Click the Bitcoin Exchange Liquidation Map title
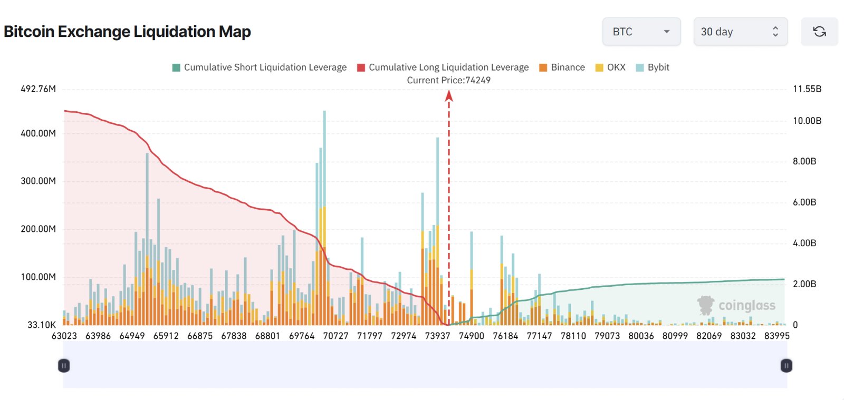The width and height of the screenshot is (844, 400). (x=127, y=32)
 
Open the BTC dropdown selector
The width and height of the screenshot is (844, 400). (x=641, y=32)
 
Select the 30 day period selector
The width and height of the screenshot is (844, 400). (x=740, y=32)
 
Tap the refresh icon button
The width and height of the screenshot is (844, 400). (x=819, y=32)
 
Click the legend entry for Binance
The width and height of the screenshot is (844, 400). (x=562, y=67)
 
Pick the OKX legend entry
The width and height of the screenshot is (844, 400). (x=610, y=67)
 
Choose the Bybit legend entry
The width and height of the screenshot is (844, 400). (x=653, y=67)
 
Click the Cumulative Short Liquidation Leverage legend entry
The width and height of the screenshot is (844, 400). (x=260, y=67)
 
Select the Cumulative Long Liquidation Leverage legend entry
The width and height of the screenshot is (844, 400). (x=443, y=67)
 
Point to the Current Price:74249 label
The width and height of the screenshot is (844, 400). (x=448, y=80)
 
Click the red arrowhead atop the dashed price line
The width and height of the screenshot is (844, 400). (x=449, y=95)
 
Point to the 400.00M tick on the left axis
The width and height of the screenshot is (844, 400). (x=38, y=133)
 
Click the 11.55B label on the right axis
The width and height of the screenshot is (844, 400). (x=807, y=89)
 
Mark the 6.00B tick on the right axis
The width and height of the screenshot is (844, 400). (x=804, y=202)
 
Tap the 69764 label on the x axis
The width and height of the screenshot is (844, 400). (x=302, y=336)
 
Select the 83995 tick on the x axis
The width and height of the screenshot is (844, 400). (x=776, y=336)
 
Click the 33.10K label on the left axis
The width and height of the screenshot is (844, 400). (x=41, y=325)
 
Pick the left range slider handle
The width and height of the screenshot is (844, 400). (x=64, y=365)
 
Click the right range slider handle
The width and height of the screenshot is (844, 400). (x=786, y=365)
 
